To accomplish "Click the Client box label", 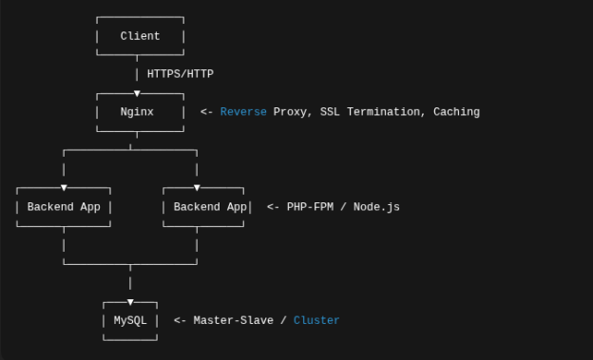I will (140, 36).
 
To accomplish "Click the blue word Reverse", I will (243, 112).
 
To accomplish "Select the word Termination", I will (388, 112).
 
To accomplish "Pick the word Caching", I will (456, 112).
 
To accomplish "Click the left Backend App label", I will (64, 207).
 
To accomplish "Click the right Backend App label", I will (210, 207).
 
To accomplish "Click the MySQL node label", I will (130, 321).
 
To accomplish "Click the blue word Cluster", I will (316, 321).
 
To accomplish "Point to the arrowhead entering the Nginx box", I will (138, 93).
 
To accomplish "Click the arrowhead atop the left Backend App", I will (64, 188).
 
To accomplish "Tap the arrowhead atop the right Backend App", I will (197, 188).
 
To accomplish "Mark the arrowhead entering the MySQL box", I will (130, 302).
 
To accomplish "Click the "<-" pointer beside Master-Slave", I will (180, 321).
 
